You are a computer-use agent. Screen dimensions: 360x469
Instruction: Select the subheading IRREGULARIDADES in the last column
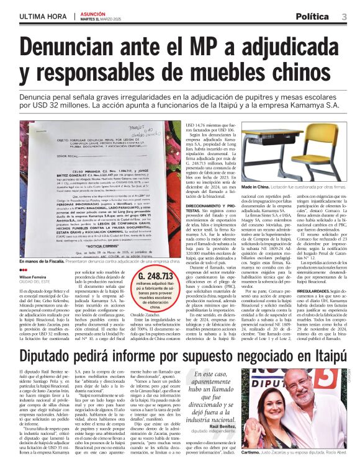(x=317, y=290)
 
